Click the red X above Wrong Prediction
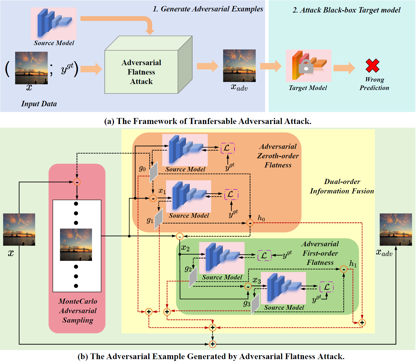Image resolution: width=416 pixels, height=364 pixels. tap(372, 65)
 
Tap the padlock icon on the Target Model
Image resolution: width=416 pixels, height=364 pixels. tap(306, 67)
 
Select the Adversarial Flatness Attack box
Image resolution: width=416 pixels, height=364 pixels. tap(141, 72)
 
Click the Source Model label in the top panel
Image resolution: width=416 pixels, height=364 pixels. tap(54, 43)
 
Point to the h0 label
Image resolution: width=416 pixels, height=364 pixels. tap(261, 218)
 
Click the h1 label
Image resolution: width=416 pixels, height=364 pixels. tap(353, 264)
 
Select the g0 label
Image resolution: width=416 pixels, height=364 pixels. tap(142, 169)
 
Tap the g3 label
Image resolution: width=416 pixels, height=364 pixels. tap(247, 303)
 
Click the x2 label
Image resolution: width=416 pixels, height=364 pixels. tap(185, 248)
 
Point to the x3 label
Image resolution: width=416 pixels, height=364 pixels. tap(257, 281)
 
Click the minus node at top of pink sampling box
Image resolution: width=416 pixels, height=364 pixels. tap(77, 182)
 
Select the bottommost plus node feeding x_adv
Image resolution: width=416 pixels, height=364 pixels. tap(212, 344)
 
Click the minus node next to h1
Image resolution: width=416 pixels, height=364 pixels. tap(344, 269)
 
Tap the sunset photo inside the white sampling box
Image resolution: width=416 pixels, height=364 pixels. tap(76, 245)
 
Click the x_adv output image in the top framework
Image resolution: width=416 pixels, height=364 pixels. tap(239, 66)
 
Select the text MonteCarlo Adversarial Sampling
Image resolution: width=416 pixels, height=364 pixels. tap(78, 311)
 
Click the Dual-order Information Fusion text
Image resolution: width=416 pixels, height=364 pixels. tap(342, 186)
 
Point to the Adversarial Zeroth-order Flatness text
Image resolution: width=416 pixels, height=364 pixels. tap(278, 156)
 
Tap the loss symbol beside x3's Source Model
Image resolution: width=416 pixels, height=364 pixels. tap(326, 287)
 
